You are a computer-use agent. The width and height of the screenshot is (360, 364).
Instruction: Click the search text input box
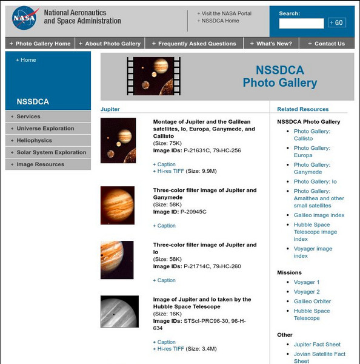301,23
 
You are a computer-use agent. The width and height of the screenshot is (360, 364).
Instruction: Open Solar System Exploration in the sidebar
51,152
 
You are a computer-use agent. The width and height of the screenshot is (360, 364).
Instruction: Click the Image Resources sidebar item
40,164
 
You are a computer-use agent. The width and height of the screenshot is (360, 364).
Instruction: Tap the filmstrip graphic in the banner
153,76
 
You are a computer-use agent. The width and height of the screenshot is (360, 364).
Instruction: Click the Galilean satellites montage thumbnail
118,141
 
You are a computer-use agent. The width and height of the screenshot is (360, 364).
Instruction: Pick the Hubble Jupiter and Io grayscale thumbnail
119,312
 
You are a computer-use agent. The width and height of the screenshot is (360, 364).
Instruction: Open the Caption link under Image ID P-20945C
166,226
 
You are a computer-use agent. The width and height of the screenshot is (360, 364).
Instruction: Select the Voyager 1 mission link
307,282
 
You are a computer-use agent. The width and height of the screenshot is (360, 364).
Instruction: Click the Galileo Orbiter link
312,302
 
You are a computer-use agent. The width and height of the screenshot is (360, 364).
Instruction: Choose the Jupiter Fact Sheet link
317,345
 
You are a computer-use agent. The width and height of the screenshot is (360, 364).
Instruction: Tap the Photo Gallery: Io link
315,181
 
